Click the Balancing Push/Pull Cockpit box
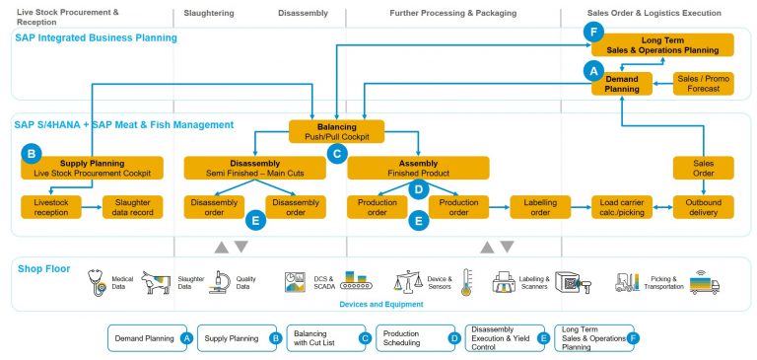(336, 131)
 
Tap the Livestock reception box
(51, 207)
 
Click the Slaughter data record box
(132, 207)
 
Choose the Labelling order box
(539, 207)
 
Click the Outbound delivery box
(703, 207)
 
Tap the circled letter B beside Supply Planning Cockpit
(33, 155)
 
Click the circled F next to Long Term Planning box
(592, 32)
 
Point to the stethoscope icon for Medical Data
(97, 283)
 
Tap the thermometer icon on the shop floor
(466, 283)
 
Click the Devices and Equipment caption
(379, 306)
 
